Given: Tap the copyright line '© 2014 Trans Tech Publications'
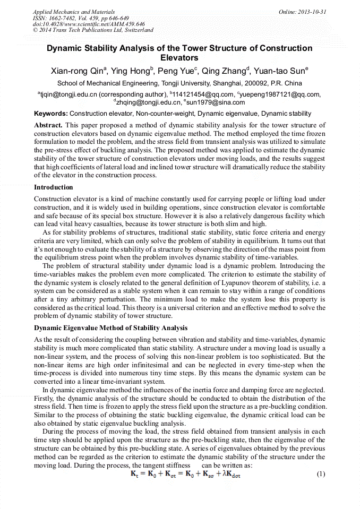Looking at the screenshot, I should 93,31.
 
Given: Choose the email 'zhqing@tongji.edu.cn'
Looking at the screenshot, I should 149,102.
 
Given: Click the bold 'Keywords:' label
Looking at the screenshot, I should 51,114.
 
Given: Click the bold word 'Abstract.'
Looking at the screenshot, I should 49,125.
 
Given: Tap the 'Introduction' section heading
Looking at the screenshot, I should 54,187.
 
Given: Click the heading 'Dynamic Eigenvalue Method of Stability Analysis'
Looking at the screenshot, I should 111,329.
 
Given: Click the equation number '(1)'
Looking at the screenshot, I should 320,474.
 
